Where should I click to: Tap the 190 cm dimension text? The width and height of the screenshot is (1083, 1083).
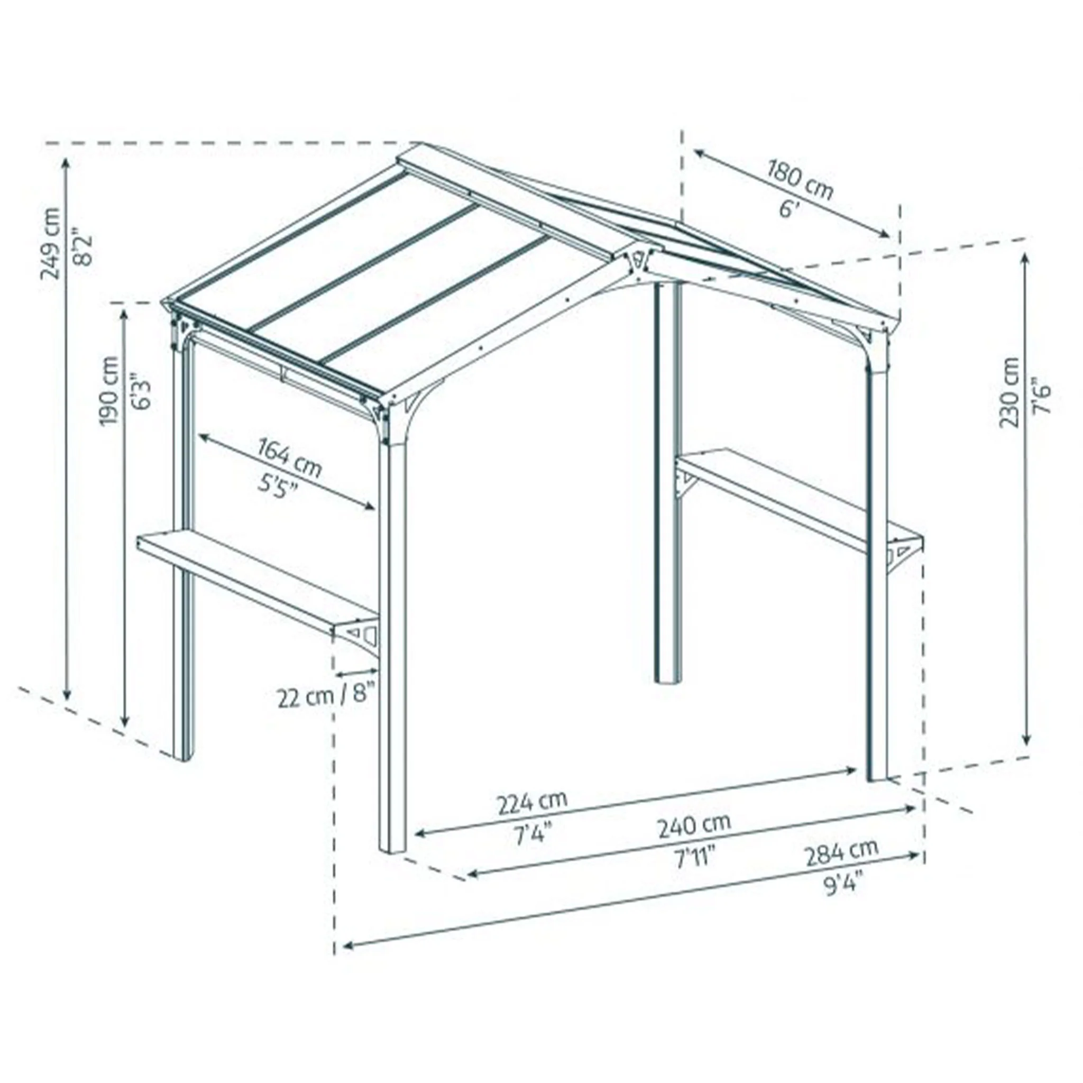[x=109, y=391]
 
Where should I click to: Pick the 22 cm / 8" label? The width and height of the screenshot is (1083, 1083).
[x=325, y=698]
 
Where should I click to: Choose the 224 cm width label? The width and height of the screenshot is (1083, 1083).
[x=532, y=804]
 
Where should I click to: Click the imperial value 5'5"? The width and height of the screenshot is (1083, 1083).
[x=278, y=484]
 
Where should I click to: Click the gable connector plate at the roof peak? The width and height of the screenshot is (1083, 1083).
[x=638, y=261]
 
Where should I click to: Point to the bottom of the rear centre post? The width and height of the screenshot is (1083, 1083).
[x=667, y=682]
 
